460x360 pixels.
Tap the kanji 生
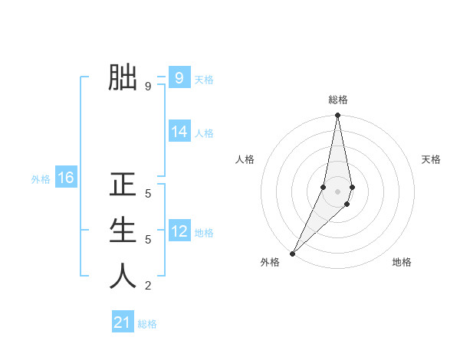123,231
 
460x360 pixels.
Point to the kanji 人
123,277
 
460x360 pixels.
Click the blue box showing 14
179,132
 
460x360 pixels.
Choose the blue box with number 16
66,178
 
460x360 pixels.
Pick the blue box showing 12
179,231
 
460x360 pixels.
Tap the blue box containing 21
123,322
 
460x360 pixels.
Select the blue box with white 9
179,77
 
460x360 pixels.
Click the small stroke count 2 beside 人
148,286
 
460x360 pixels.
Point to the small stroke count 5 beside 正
148,194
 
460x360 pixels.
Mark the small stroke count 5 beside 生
148,240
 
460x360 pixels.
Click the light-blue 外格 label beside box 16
41,179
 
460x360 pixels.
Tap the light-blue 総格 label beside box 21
147,324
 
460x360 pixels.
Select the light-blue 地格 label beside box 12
204,233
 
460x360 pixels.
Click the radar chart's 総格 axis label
337,100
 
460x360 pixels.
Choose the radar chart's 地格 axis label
402,262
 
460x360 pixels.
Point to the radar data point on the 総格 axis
337,116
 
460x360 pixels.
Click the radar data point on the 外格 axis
293,253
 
